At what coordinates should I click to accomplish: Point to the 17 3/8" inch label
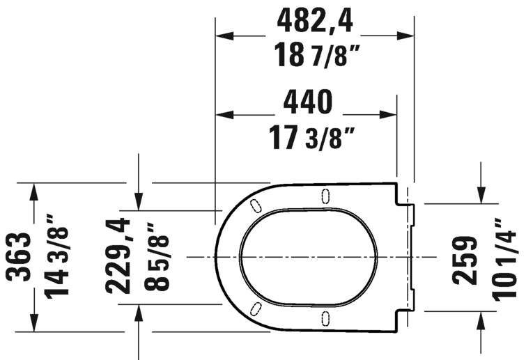point(307,136)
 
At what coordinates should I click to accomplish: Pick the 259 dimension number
point(465,259)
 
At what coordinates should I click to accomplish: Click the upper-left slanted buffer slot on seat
point(255,205)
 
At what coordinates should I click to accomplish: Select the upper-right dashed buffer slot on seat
point(325,196)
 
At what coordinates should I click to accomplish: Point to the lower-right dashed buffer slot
point(325,318)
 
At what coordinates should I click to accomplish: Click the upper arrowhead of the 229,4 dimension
point(140,201)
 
